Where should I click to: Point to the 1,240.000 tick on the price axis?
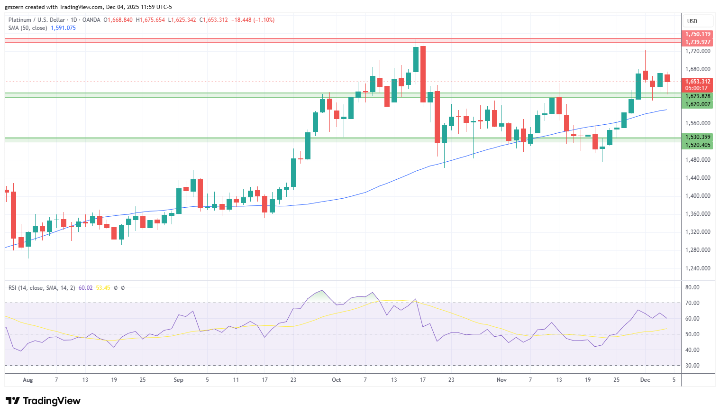tap(698, 268)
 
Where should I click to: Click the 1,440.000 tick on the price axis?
tap(698, 177)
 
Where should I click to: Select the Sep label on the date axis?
tap(178, 379)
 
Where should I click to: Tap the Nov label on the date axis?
tap(501, 379)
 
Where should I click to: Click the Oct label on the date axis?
tap(336, 379)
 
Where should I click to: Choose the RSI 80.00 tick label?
tap(693, 287)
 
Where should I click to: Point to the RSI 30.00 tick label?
tap(693, 366)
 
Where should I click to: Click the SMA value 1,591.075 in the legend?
tap(64, 28)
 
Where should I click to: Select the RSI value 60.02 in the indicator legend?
tap(85, 287)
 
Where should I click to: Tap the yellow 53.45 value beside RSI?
tap(103, 287)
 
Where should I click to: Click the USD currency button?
tap(692, 21)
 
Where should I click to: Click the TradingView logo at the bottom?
tap(43, 401)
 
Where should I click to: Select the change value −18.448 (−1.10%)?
tap(253, 20)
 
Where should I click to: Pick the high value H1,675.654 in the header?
tap(150, 20)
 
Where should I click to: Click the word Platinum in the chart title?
tap(19, 20)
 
